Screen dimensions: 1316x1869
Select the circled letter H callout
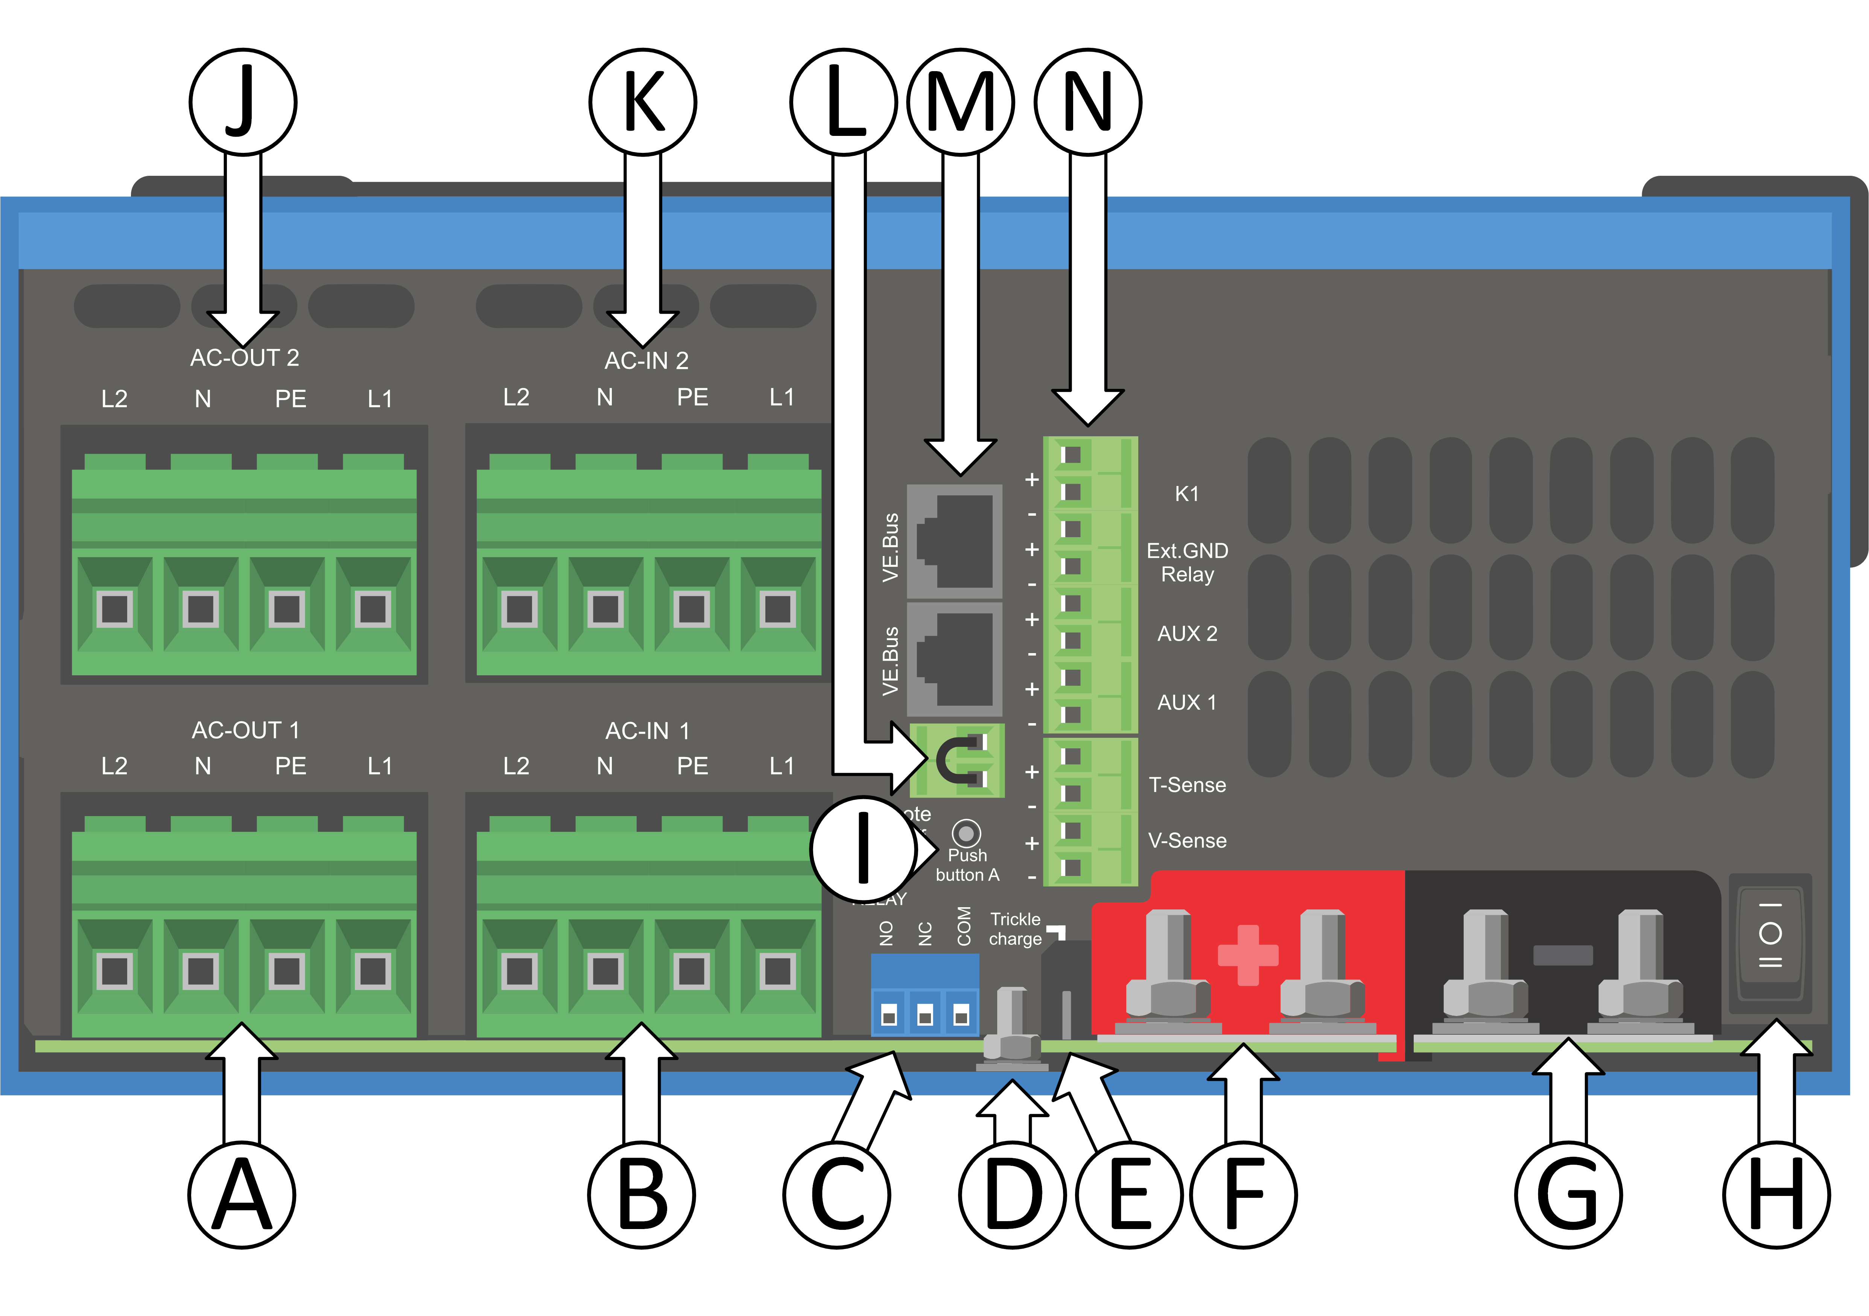1776,1195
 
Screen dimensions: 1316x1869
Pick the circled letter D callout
1013,1195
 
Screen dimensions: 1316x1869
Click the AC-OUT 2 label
244,358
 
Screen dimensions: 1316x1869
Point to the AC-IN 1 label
647,731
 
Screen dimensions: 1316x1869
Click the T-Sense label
1187,785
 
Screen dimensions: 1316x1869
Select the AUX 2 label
1187,634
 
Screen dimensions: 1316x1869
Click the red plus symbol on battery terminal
1247,954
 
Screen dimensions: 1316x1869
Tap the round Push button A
966,833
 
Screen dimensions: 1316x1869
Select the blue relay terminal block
925,995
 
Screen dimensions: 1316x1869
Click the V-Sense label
1187,841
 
